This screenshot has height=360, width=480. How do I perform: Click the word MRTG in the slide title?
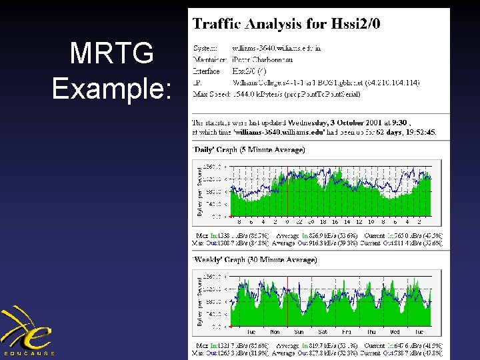tap(111, 54)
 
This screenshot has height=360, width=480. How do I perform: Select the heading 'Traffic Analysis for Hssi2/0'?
tap(287, 25)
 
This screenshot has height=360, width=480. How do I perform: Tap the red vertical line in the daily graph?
tap(287, 189)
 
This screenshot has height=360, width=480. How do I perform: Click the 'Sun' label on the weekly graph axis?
tap(299, 331)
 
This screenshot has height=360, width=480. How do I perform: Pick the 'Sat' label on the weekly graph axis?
tap(323, 331)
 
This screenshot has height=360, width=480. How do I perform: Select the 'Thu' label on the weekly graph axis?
tap(371, 331)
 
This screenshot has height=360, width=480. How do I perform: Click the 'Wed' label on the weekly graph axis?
tap(395, 331)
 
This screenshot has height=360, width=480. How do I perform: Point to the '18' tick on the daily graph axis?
tap(324, 222)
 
